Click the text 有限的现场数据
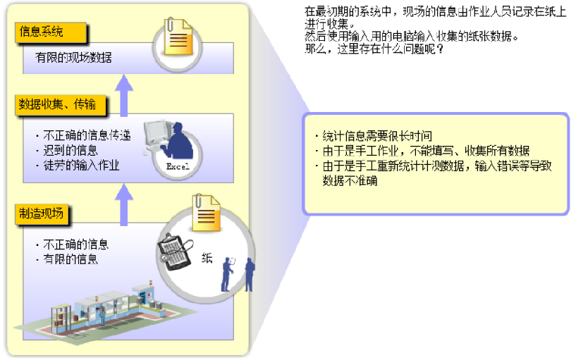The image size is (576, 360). tap(73, 58)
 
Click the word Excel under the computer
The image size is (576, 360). tap(176, 166)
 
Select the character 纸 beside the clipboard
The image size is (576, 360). tap(207, 258)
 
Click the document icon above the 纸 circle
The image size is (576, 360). tap(205, 211)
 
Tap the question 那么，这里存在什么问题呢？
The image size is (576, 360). tap(374, 50)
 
